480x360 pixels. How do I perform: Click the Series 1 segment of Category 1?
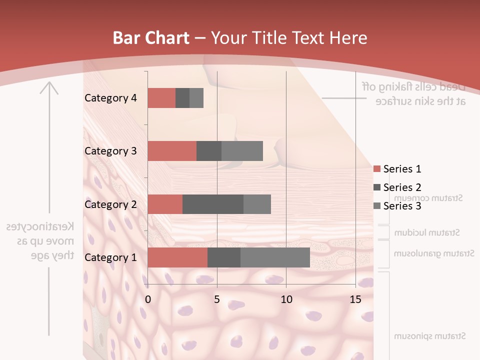[x=177, y=257]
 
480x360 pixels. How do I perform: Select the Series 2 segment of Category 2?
[x=213, y=204]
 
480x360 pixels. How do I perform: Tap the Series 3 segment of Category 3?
[x=242, y=151]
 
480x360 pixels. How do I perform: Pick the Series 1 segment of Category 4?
[x=161, y=98]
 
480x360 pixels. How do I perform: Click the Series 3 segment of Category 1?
[x=275, y=257]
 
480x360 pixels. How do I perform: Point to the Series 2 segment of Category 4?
[x=182, y=98]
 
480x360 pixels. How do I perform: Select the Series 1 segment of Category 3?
[x=172, y=151]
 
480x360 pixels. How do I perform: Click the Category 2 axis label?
[x=110, y=204]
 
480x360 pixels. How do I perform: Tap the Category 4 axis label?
[x=110, y=98]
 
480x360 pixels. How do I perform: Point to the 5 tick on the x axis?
[x=217, y=300]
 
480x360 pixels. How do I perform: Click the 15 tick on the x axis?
[x=355, y=300]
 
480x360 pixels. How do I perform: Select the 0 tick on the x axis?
[x=148, y=300]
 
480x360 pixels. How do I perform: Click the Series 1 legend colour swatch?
[x=376, y=169]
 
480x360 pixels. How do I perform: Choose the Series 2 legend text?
[x=402, y=187]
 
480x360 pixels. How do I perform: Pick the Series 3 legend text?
[x=402, y=206]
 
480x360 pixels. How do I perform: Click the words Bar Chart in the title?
[x=150, y=38]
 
